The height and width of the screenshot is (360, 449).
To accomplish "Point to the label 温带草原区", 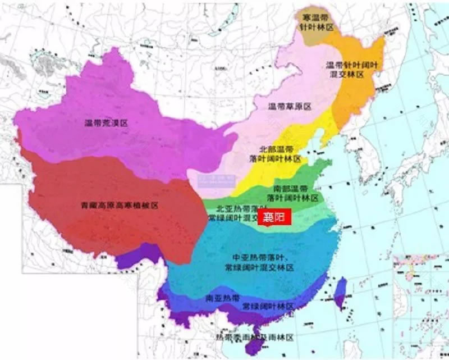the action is point(290,106).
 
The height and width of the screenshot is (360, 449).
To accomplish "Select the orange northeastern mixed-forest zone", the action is point(359,90).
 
